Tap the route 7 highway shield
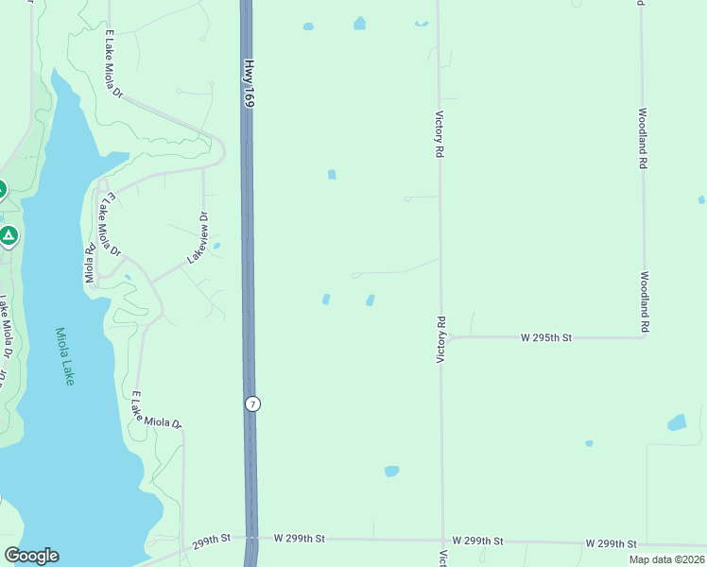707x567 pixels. coord(251,404)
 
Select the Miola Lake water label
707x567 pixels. coord(65,355)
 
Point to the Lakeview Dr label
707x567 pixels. coord(197,237)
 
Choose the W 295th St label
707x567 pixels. coord(547,337)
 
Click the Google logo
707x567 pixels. coord(31,556)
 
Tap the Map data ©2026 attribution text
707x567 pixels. coord(665,559)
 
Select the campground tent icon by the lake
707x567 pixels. coord(9,234)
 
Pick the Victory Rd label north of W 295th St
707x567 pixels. coord(439,133)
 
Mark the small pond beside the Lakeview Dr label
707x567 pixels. coord(217,247)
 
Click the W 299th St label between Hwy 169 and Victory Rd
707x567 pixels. coord(300,538)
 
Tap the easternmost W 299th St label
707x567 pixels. coord(611,543)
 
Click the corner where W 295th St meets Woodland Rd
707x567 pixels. coord(645,336)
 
